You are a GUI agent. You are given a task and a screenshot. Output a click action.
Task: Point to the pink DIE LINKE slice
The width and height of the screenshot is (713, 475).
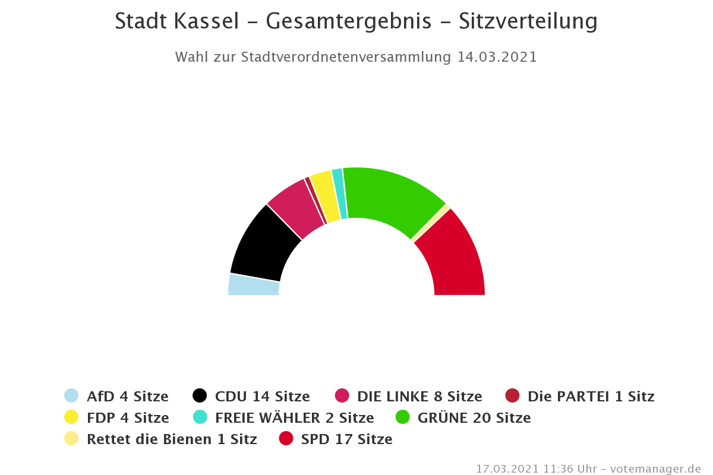[294, 205]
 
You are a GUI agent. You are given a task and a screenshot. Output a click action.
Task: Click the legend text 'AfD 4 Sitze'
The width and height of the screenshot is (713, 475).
[127, 396]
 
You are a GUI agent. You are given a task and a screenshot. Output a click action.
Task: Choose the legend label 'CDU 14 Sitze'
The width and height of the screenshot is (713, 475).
[262, 396]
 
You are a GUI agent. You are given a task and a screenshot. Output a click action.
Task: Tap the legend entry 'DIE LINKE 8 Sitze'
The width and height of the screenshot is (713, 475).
[419, 396]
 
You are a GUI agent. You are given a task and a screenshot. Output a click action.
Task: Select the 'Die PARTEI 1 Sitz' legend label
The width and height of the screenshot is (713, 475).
[591, 396]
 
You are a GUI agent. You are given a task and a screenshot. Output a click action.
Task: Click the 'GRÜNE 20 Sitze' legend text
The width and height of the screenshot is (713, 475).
[474, 417]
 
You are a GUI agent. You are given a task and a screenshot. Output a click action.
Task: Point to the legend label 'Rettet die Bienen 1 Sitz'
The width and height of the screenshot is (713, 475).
[172, 439]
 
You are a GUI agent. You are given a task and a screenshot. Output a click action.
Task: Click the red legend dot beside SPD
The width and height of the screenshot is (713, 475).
[286, 439]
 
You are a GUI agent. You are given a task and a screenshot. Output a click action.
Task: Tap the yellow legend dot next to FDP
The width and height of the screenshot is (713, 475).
[71, 417]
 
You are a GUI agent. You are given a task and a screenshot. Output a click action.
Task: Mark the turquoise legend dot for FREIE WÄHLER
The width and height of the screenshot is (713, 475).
[200, 417]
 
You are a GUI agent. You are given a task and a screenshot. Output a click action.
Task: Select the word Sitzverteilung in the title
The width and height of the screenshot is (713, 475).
[528, 21]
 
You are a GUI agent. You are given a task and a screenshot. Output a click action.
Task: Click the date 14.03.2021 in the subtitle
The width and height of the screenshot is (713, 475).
[497, 57]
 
